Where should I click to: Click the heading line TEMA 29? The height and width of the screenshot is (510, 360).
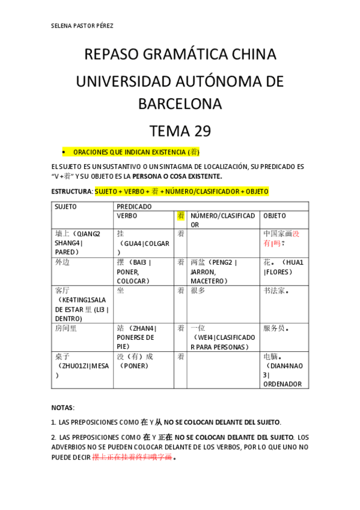coord(180,131)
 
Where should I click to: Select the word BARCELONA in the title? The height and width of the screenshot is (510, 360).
coord(180,104)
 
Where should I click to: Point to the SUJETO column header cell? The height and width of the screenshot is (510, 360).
coord(82,206)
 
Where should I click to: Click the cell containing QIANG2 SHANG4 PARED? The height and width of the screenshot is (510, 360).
coord(82,242)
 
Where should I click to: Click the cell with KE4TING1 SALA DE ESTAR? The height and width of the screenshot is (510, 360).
coord(82,304)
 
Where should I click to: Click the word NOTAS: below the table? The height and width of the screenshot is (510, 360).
coord(63,407)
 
